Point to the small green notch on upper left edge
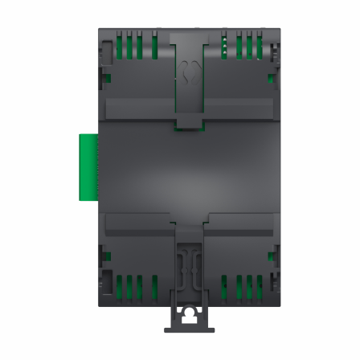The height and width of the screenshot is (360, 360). click(105, 78)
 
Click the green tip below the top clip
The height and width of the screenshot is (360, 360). click(188, 125)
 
